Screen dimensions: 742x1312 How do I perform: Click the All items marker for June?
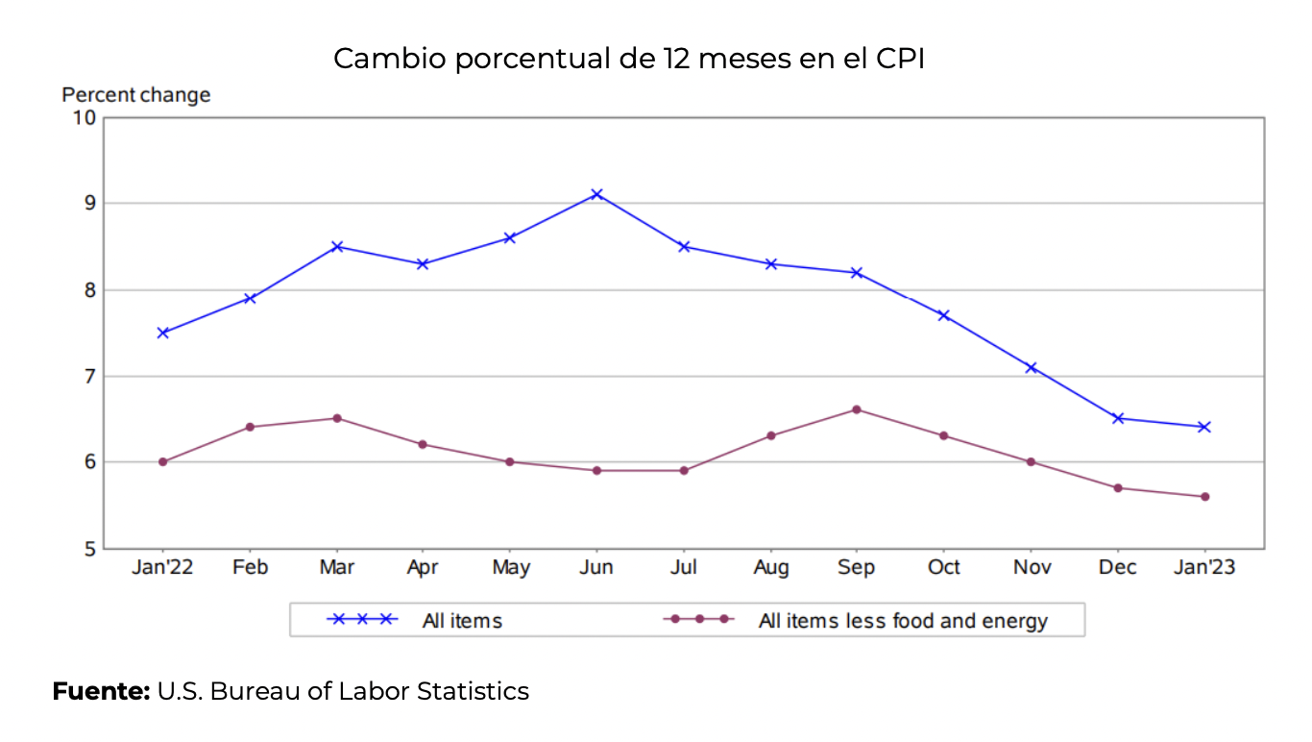[x=596, y=194]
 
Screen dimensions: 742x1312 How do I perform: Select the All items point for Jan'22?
[x=163, y=333]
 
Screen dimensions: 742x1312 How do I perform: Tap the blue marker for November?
[x=1031, y=367]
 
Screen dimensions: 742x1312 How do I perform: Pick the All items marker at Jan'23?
[x=1204, y=427]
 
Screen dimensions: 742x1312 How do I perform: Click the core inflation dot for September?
[x=857, y=409]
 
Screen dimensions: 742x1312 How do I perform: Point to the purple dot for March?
[x=337, y=418]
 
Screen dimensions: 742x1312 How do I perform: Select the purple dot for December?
[x=1118, y=488]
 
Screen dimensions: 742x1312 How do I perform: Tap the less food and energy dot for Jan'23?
[x=1204, y=497]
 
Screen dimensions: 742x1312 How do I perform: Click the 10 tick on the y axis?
[x=85, y=117]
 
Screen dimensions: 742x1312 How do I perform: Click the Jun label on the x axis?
[x=596, y=568]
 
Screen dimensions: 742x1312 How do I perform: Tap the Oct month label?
[x=943, y=568]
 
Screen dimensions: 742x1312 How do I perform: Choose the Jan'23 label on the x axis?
[x=1204, y=568]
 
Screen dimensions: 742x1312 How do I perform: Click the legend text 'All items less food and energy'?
[x=903, y=621]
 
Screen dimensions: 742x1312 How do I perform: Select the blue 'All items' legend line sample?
[x=362, y=620]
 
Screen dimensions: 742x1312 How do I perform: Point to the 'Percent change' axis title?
[x=136, y=95]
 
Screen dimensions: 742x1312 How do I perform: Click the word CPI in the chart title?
[x=900, y=59]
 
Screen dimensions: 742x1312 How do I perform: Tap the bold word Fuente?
[x=101, y=691]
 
